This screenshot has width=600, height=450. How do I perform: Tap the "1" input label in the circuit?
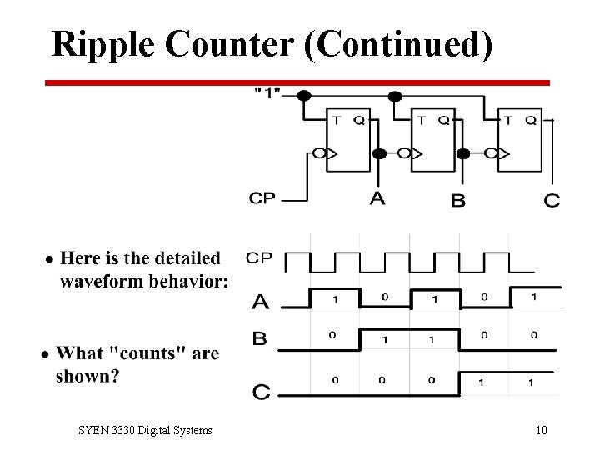(x=267, y=92)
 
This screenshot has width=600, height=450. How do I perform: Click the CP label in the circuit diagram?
(x=262, y=198)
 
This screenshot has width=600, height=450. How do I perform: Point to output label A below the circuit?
(x=377, y=198)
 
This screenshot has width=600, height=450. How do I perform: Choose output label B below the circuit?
(x=458, y=200)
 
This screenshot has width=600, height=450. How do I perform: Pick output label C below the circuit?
(x=552, y=200)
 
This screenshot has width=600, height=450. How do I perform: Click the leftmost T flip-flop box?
(x=347, y=139)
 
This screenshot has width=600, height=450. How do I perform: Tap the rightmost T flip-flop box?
(x=518, y=139)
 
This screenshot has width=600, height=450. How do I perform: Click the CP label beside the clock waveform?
(x=259, y=257)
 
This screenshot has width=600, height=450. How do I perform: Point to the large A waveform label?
(x=260, y=300)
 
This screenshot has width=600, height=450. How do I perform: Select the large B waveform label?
(x=260, y=338)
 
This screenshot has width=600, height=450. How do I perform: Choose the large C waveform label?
(x=261, y=390)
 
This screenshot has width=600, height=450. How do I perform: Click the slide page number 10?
(x=542, y=431)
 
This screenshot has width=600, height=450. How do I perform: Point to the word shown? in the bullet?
(x=87, y=376)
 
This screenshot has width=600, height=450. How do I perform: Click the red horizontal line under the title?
(x=297, y=82)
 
